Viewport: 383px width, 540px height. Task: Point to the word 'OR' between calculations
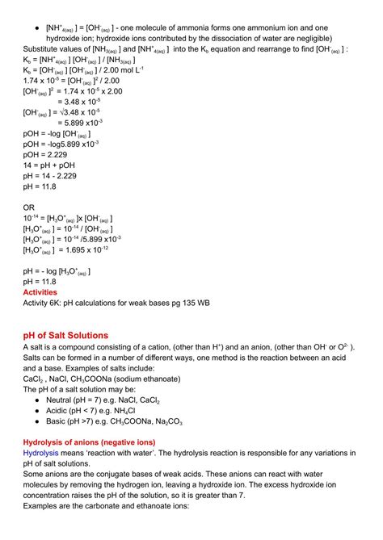click(29, 207)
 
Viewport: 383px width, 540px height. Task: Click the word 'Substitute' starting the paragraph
click(43, 50)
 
